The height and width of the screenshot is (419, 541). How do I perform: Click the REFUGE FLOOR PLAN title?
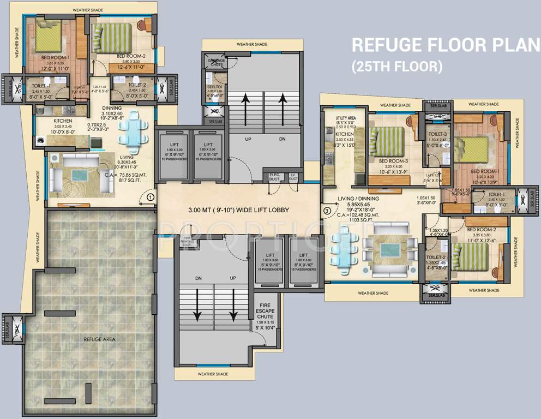click(445, 44)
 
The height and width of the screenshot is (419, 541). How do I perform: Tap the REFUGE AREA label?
click(99, 339)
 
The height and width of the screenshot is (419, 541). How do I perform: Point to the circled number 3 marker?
click(327, 209)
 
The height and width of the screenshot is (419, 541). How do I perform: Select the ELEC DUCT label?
click(274, 176)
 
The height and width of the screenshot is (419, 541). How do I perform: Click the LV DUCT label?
click(293, 176)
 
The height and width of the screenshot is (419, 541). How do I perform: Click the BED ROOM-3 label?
click(393, 161)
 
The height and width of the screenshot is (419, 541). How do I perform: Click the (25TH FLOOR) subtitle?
click(396, 67)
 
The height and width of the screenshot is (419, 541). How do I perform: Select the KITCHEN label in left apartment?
click(63, 121)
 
